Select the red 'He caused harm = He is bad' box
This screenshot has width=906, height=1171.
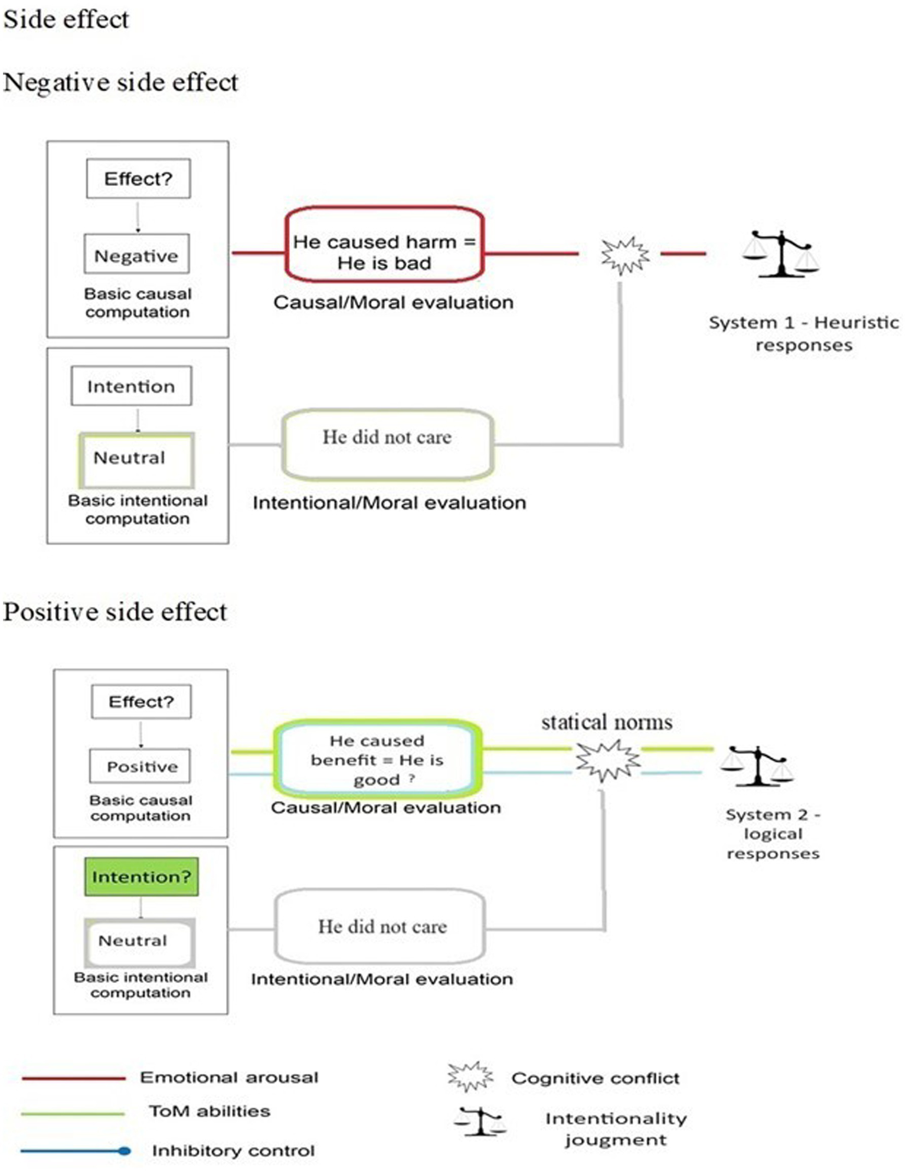click(x=384, y=244)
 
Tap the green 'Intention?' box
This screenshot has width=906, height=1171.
click(x=141, y=877)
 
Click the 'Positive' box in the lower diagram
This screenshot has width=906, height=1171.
click(x=140, y=766)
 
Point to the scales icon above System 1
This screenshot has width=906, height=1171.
click(x=781, y=254)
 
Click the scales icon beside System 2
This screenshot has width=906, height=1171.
click(x=757, y=765)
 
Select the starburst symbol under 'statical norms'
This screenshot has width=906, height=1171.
click(x=607, y=760)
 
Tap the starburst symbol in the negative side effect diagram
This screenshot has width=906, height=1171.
click(x=624, y=255)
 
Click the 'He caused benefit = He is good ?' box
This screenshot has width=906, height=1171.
click(x=378, y=759)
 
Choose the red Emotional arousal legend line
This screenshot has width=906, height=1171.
click(x=73, y=1078)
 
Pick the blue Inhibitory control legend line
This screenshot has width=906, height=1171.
click(x=73, y=1151)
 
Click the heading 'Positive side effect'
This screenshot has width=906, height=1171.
click(x=115, y=612)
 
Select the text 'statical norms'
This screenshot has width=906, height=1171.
click(x=607, y=722)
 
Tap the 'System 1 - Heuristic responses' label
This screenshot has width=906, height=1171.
click(x=803, y=333)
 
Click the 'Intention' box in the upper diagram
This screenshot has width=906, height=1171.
click(x=131, y=386)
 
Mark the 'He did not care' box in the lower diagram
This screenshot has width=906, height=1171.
click(x=381, y=927)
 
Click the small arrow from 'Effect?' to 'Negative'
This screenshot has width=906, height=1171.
click(x=138, y=217)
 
